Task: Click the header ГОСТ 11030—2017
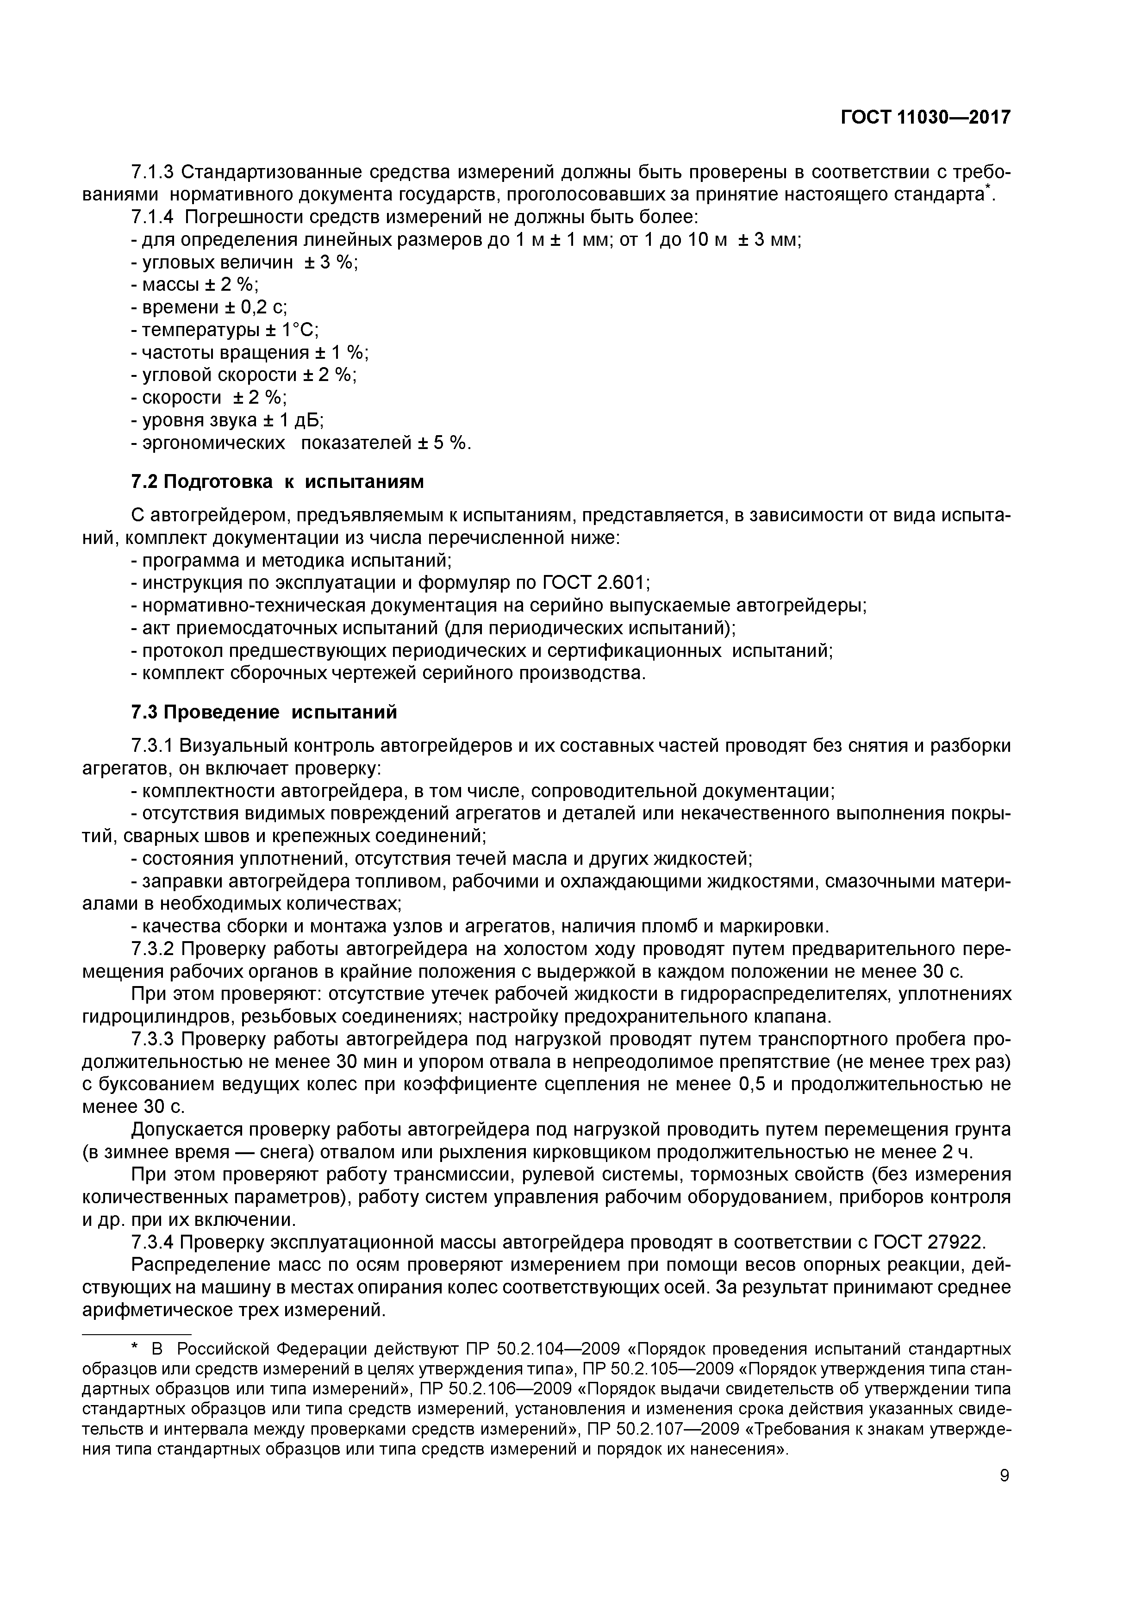click(x=925, y=118)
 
